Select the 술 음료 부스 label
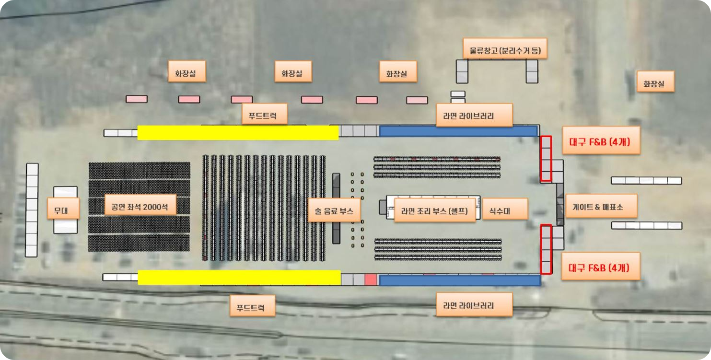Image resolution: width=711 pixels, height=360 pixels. click(x=334, y=211)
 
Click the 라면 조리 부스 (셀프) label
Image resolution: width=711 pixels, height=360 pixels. click(x=434, y=211)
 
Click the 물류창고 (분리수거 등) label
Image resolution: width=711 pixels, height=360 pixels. click(x=505, y=48)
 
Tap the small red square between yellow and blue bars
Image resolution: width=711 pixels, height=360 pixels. click(x=371, y=279)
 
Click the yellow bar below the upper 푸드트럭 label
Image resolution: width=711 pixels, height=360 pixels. click(x=238, y=133)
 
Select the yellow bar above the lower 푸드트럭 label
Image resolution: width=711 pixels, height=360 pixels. click(x=239, y=277)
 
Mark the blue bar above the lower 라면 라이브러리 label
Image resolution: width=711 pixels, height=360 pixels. click(x=459, y=280)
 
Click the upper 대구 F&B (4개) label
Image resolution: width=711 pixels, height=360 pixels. click(x=601, y=140)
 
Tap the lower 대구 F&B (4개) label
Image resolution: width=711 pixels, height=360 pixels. click(x=600, y=266)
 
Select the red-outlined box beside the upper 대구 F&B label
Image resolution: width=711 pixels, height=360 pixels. click(x=546, y=159)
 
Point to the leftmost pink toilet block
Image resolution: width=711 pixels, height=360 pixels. click(x=137, y=99)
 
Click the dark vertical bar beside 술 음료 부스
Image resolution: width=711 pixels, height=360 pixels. click(x=336, y=209)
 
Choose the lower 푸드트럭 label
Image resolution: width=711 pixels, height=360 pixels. click(x=253, y=305)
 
